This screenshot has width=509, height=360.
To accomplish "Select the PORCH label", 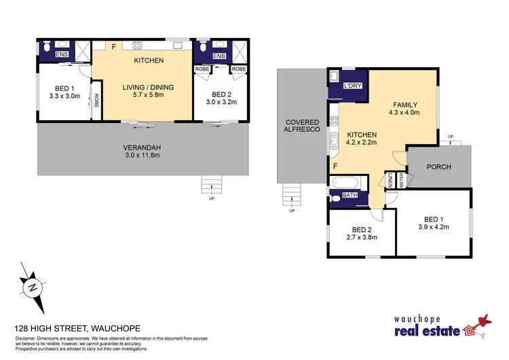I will coord(439,166).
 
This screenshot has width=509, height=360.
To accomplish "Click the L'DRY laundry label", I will coord(352,86).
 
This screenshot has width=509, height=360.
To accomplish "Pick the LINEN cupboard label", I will coord(391,180).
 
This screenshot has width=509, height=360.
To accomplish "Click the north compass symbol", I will coord(31,287).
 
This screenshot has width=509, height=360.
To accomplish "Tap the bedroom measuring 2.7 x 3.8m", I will coord(360,233).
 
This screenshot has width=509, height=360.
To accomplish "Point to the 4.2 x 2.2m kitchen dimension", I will coord(361,144).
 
